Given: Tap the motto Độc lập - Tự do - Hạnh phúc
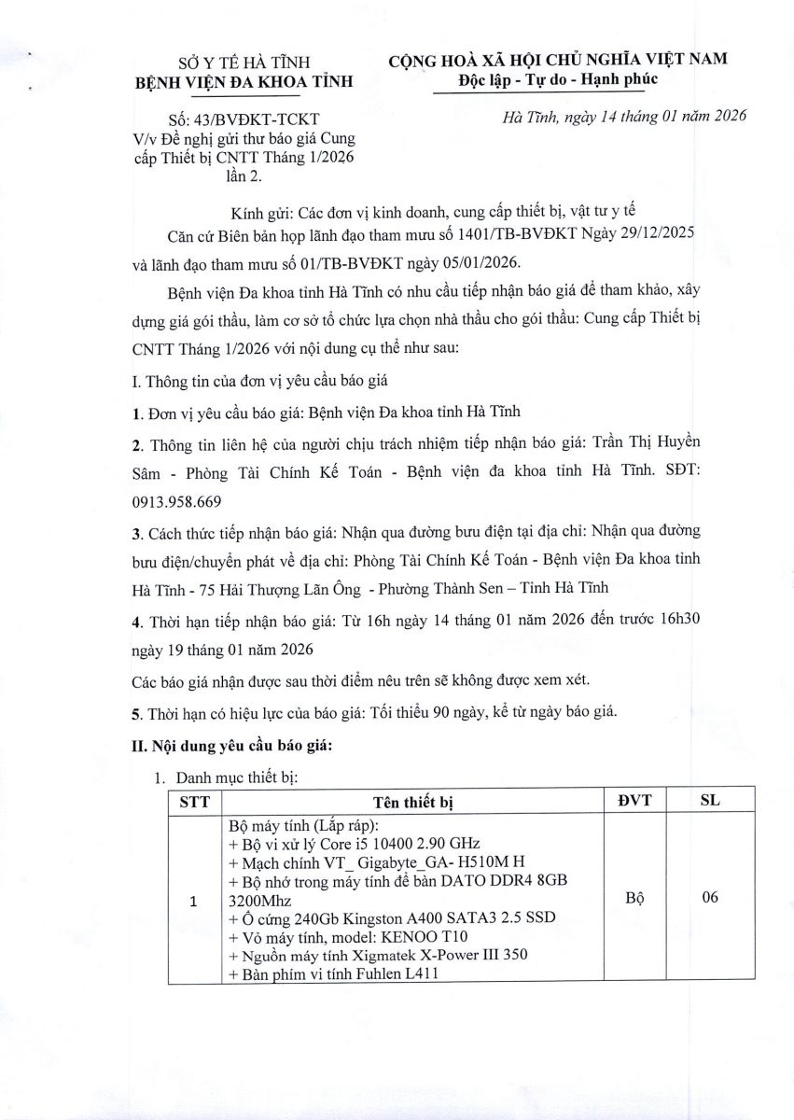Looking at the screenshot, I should point(558,79).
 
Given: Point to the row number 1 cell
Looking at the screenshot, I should point(194,902).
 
